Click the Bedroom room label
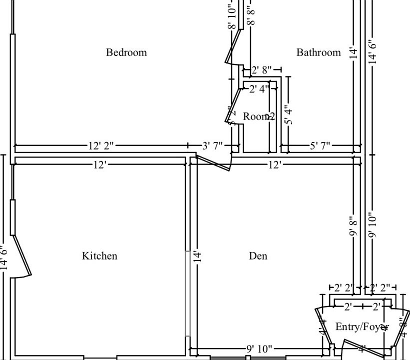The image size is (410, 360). point(126,52)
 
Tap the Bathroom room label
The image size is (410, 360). point(318,52)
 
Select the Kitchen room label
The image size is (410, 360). point(99,256)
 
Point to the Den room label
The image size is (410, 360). point(258,256)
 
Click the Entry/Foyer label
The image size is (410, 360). point(361,327)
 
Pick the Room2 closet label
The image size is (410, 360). point(259,116)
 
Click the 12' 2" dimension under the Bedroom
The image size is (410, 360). point(101,146)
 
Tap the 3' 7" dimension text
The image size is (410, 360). point(213,146)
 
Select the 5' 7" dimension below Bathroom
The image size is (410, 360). point(320,146)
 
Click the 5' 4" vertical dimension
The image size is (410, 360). point(288,114)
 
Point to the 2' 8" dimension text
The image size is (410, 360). point(262,70)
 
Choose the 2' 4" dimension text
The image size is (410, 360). point(259,89)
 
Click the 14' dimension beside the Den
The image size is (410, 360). point(197,256)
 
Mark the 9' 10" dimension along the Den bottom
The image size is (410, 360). point(258,349)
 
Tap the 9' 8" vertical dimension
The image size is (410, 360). point(354,226)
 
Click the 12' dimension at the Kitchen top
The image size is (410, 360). point(100,164)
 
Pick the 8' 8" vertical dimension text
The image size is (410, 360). point(251,15)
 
